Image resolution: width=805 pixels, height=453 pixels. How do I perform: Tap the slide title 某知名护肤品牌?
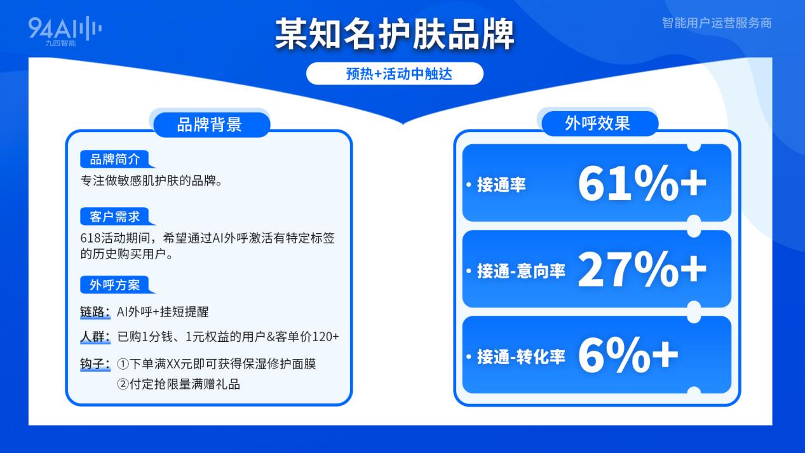[x=394, y=34]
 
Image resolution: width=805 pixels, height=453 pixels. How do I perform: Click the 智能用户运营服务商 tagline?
[x=716, y=23]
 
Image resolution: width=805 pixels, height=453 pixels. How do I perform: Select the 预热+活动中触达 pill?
[x=395, y=74]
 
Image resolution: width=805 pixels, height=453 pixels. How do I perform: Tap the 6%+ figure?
[x=628, y=356]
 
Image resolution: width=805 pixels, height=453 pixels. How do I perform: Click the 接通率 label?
[x=501, y=185]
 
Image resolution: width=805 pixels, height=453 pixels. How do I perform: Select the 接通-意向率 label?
[x=520, y=271]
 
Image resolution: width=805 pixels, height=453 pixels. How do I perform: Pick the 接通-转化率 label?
[x=520, y=357]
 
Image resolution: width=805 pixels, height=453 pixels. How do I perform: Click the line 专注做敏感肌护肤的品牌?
[x=151, y=180]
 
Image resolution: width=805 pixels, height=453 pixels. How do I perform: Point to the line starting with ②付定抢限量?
[x=179, y=384]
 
